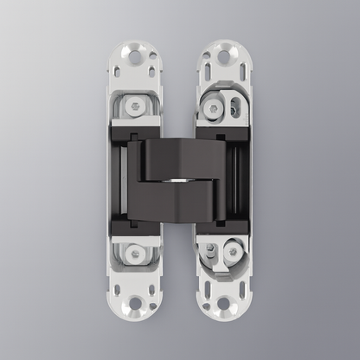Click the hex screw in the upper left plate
136,105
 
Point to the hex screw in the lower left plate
136,254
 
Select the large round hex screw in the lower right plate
231,253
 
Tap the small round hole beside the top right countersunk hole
207,51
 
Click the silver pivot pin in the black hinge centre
180,180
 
